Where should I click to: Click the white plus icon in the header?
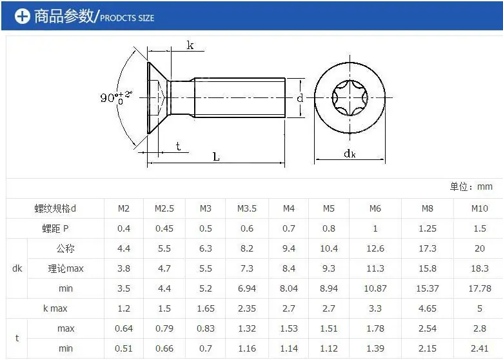coord(22,16)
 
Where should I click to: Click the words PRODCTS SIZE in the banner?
coord(127,18)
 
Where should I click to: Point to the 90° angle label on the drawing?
coord(116,97)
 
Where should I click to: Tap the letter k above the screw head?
coord(190,45)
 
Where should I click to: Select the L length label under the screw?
coord(216,157)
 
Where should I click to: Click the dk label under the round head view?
coord(350,154)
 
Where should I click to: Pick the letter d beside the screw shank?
coord(300,98)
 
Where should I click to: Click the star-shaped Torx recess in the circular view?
coord(350,97)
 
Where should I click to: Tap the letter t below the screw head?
coord(178,146)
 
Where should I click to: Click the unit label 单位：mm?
coord(471,186)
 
